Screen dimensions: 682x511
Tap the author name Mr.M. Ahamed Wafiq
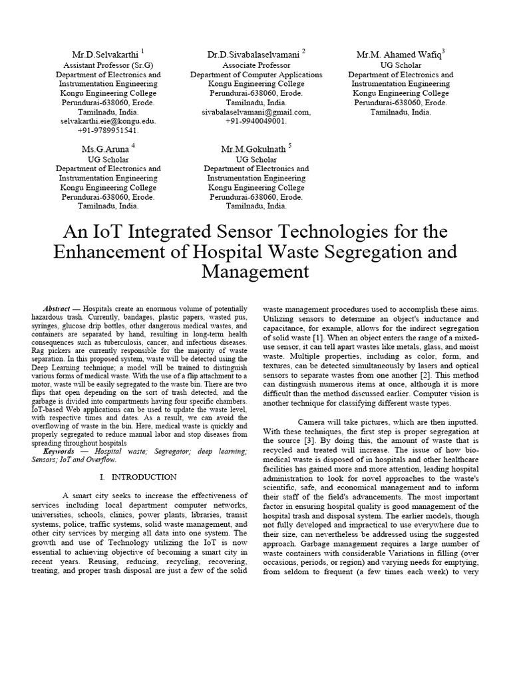coord(399,54)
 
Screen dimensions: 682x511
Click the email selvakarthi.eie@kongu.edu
coord(107,122)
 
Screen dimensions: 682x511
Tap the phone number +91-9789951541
coord(107,131)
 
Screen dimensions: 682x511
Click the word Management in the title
coord(255,272)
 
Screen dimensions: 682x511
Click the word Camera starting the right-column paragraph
coord(313,422)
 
